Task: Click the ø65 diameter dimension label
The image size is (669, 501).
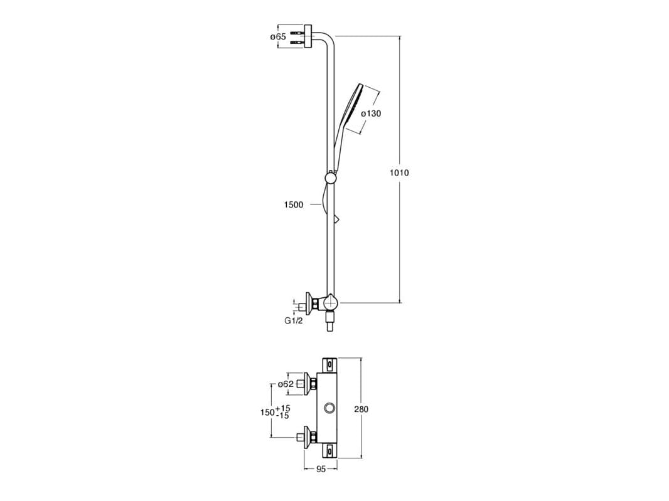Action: click(278, 37)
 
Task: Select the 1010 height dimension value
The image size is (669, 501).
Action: click(399, 172)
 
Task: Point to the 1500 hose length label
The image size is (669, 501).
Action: click(294, 204)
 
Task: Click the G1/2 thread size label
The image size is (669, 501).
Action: click(294, 321)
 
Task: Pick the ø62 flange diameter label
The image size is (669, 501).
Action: click(286, 384)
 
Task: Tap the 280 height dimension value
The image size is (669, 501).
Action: click(361, 409)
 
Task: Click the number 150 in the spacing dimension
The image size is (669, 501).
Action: click(267, 413)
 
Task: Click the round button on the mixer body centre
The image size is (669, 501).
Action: click(329, 409)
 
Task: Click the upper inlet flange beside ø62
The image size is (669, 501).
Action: click(307, 384)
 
